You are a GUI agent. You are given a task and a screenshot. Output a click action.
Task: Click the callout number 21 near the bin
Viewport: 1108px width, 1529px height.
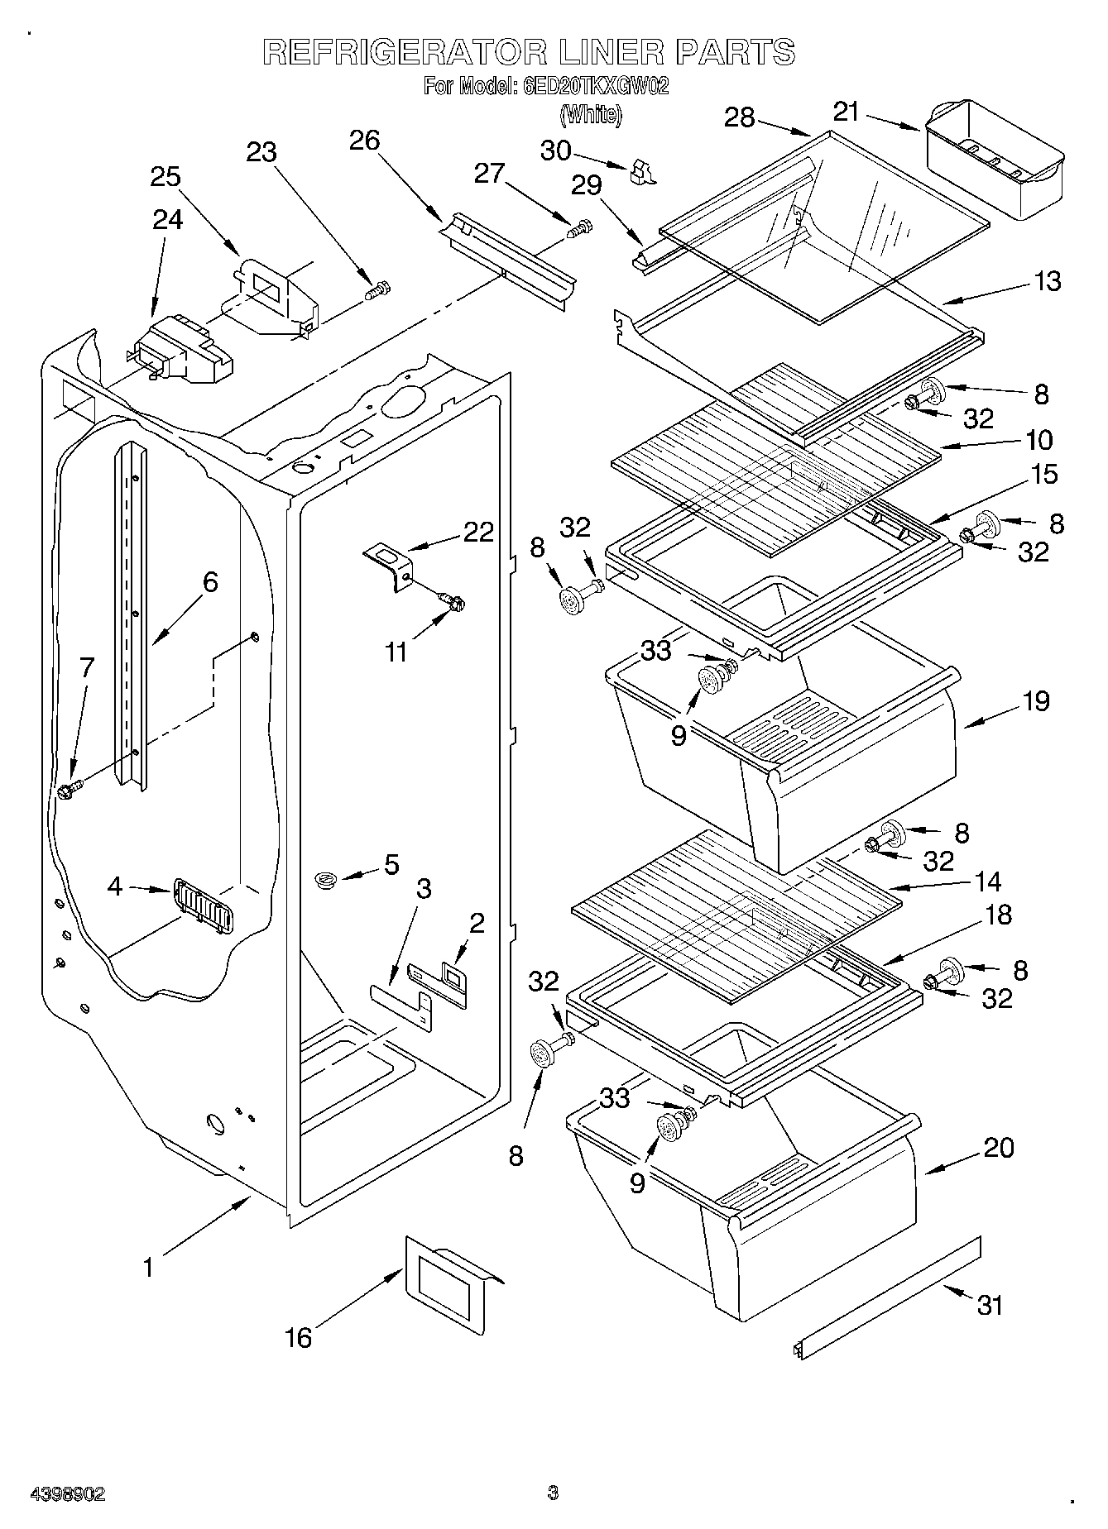[x=846, y=113]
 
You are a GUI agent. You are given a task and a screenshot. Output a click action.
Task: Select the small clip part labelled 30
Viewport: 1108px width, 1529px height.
[x=641, y=171]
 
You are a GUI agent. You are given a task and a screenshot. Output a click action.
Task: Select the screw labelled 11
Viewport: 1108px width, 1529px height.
[x=453, y=601]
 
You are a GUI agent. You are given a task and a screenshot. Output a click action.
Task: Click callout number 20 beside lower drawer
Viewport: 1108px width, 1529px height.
[x=1000, y=1148]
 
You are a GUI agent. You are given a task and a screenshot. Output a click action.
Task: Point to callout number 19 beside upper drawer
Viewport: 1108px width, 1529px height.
[x=1035, y=701]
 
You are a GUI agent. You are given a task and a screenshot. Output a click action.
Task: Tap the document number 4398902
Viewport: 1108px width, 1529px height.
[x=68, y=1493]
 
